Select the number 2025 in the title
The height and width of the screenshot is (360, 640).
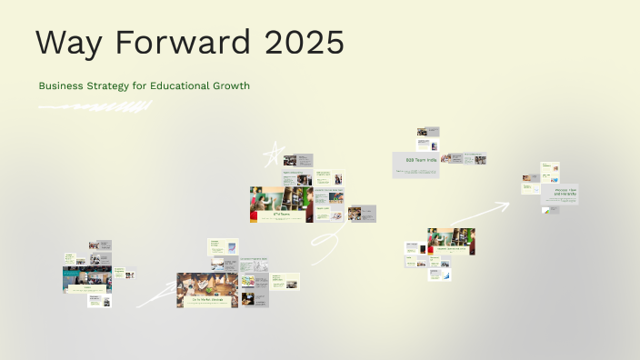tap(302, 43)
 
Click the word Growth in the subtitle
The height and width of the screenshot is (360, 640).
tap(232, 85)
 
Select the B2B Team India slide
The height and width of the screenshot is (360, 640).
tap(416, 165)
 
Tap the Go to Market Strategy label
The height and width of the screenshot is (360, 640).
tap(207, 299)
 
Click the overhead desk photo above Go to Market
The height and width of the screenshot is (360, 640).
tap(207, 283)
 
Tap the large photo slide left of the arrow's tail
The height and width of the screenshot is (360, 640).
tap(452, 241)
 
